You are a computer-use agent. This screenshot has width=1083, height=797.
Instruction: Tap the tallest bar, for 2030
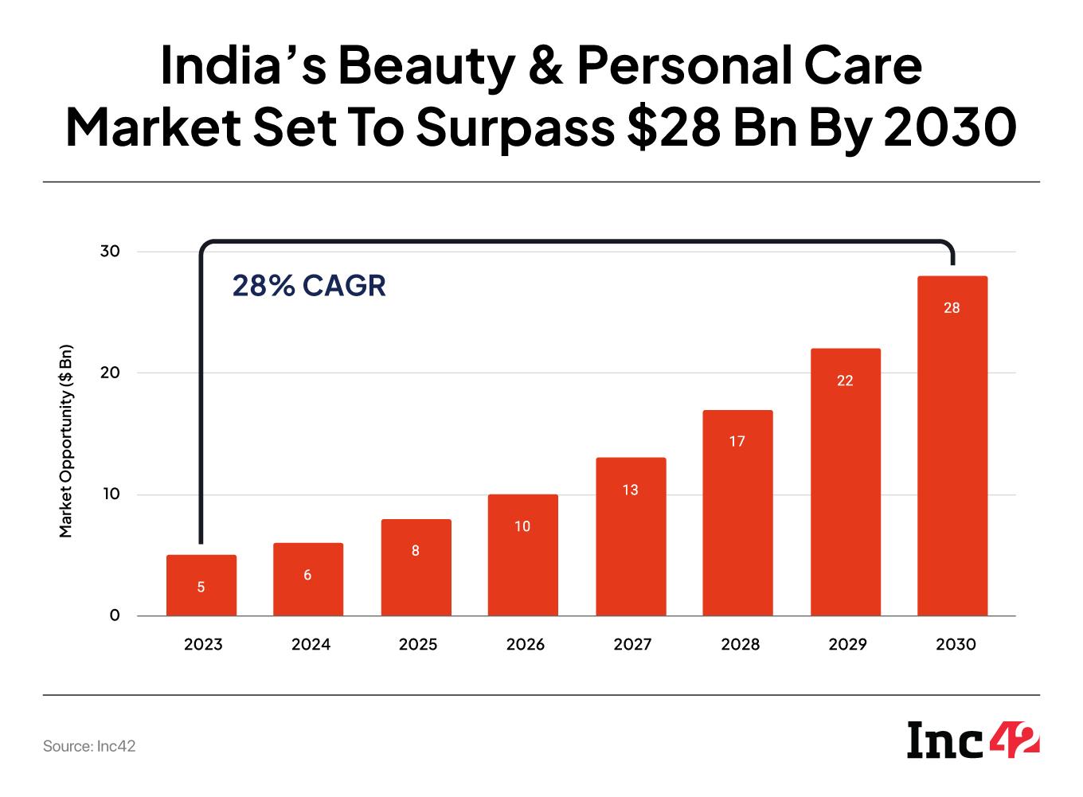tap(952, 446)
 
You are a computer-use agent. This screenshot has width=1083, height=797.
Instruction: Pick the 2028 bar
tap(737, 513)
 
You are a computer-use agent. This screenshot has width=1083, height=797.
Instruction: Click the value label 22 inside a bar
tap(845, 381)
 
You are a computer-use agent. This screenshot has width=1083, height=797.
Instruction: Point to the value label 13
tap(630, 490)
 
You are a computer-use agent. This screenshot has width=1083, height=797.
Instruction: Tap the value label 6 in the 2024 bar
tap(307, 575)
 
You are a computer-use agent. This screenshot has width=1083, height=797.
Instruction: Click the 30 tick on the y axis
tap(110, 252)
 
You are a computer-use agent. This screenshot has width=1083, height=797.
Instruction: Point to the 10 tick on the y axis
tap(110, 494)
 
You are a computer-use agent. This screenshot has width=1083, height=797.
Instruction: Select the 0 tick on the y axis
tap(115, 615)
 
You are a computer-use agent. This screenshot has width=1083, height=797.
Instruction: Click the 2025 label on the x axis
tap(418, 644)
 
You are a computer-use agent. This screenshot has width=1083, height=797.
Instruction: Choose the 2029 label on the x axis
tap(847, 644)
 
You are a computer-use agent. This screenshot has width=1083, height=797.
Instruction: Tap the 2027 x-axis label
tap(632, 644)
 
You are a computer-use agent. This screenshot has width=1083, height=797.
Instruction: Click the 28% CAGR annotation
tap(309, 285)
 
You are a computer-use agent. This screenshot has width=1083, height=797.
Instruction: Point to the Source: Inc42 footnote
tap(89, 747)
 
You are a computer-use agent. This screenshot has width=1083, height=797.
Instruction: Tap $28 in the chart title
tap(677, 127)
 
